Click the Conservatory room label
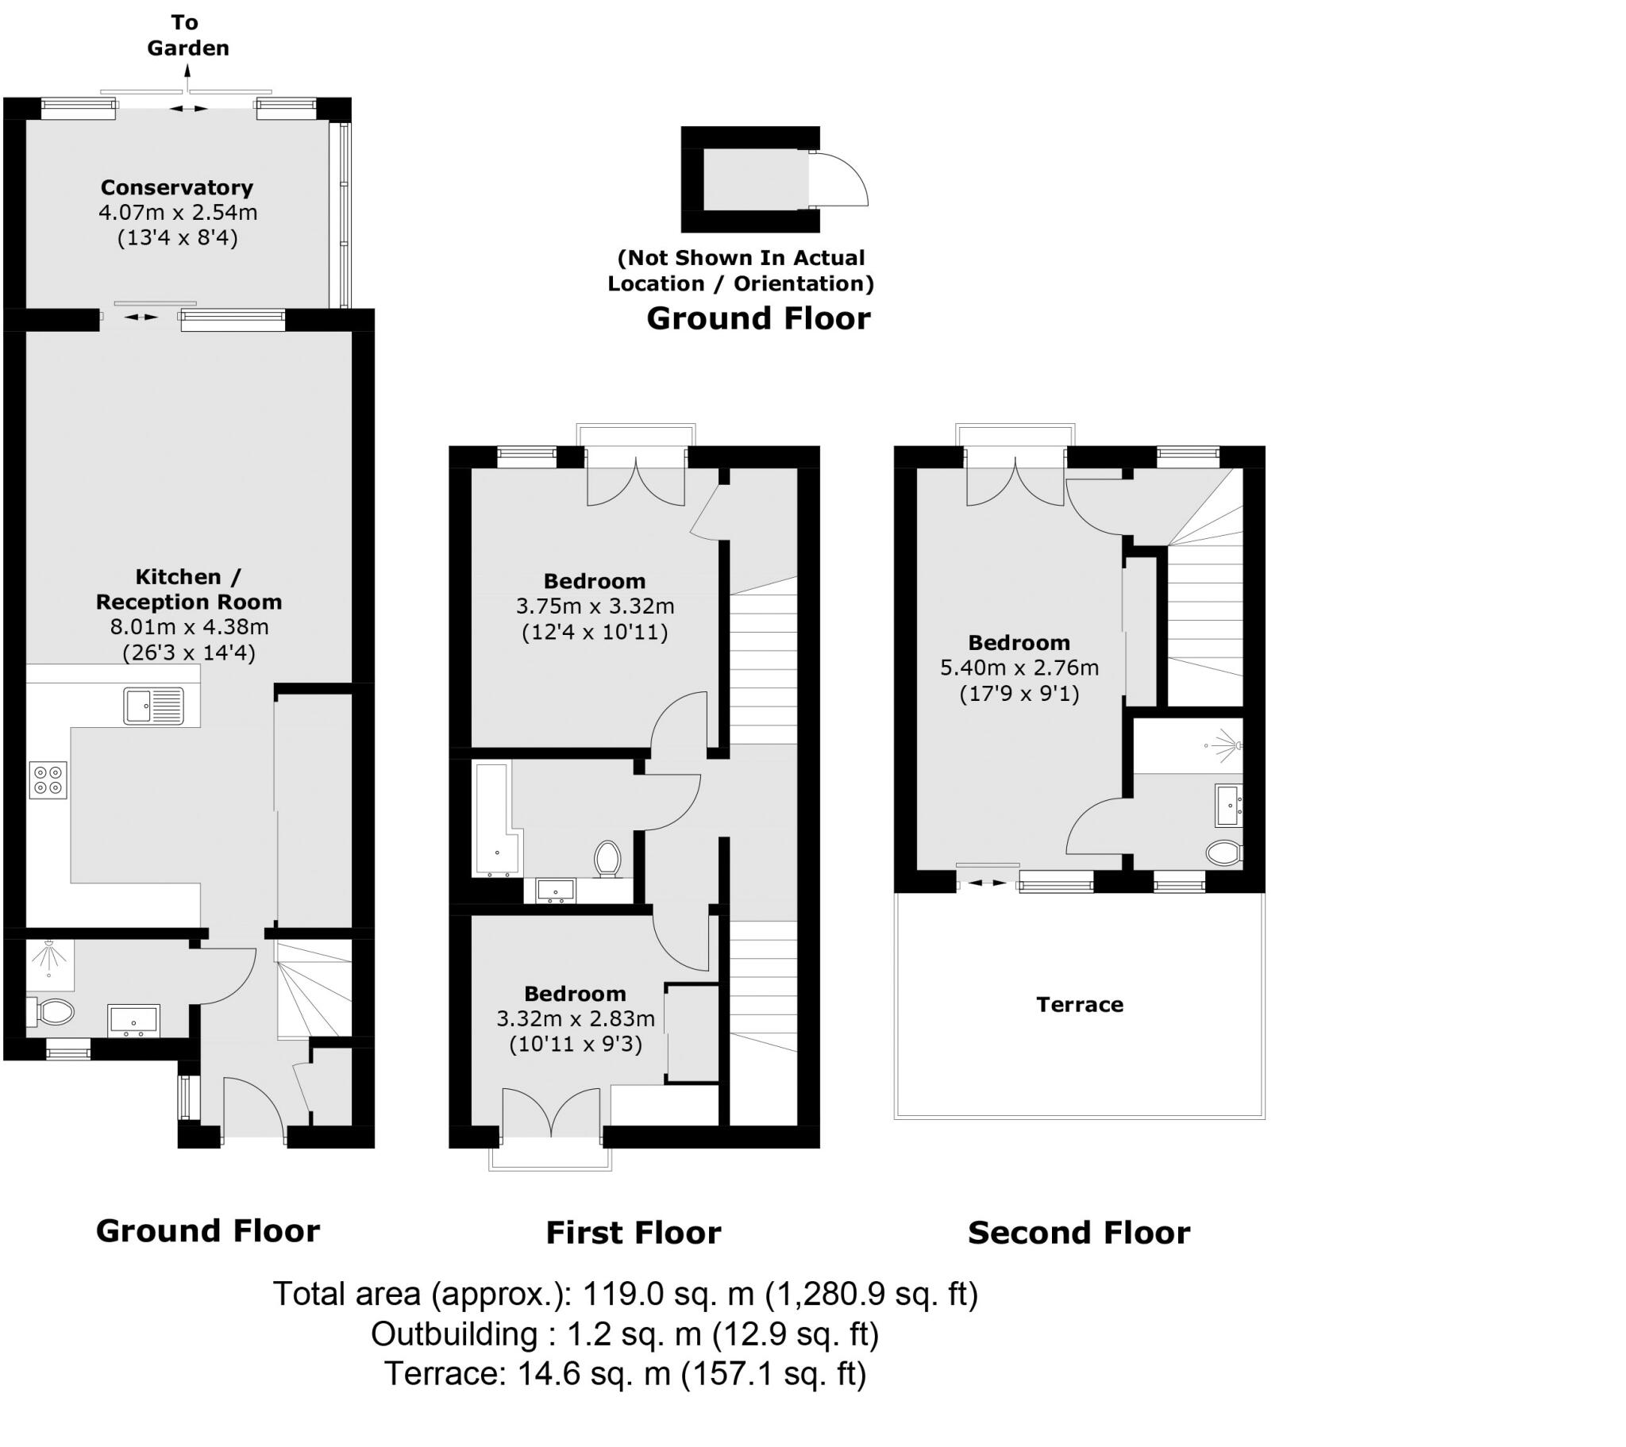click(x=176, y=188)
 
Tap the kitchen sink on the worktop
click(x=153, y=706)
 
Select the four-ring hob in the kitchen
click(x=48, y=779)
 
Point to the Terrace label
click(x=1079, y=1005)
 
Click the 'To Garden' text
click(x=187, y=36)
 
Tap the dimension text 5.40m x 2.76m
click(x=1019, y=668)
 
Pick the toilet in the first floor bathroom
click(x=607, y=859)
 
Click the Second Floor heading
click(x=1079, y=1233)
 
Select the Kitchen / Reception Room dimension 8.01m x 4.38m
click(x=189, y=628)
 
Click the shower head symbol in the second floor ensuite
click(x=1226, y=745)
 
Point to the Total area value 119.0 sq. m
click(x=668, y=1295)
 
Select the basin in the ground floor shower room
click(x=133, y=1021)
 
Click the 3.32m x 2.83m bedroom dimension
click(x=575, y=1019)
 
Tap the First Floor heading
click(x=634, y=1233)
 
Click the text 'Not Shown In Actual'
click(x=742, y=258)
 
